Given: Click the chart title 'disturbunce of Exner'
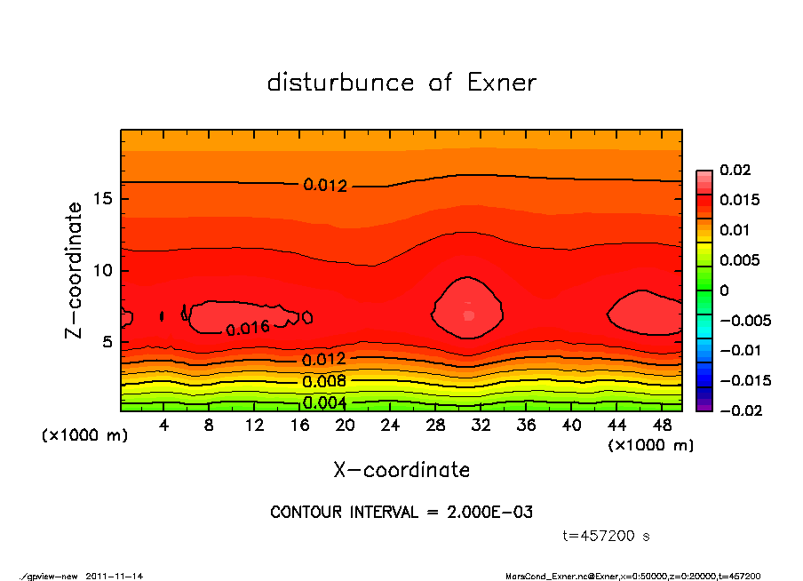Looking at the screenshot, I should point(401,83).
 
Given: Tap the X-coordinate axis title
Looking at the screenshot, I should point(401,469).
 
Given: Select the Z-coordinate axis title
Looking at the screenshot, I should point(76,270).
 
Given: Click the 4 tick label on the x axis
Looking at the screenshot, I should point(164,426).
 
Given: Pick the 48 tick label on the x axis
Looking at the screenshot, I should point(661,426).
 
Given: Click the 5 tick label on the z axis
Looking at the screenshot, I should point(107,342).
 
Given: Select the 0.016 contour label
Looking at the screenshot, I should point(248,328).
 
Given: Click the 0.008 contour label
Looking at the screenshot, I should point(324,382).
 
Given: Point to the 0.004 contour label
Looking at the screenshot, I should point(324,402).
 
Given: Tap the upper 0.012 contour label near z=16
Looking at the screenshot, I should point(325,186).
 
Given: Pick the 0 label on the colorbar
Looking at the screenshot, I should point(724,290).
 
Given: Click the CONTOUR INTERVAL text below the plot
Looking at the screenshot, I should point(401,513).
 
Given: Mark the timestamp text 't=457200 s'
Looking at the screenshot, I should point(607,536).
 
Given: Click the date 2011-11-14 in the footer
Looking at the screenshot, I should point(115,576).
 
